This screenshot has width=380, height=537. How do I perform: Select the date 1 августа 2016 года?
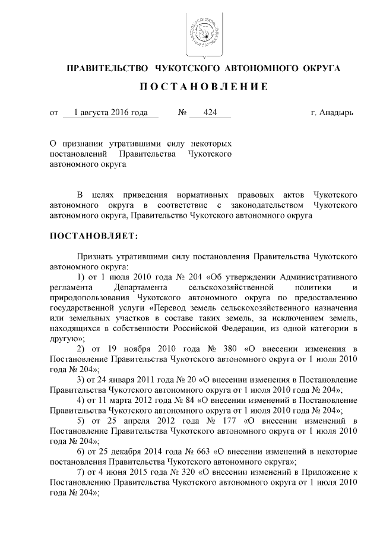point(111,112)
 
